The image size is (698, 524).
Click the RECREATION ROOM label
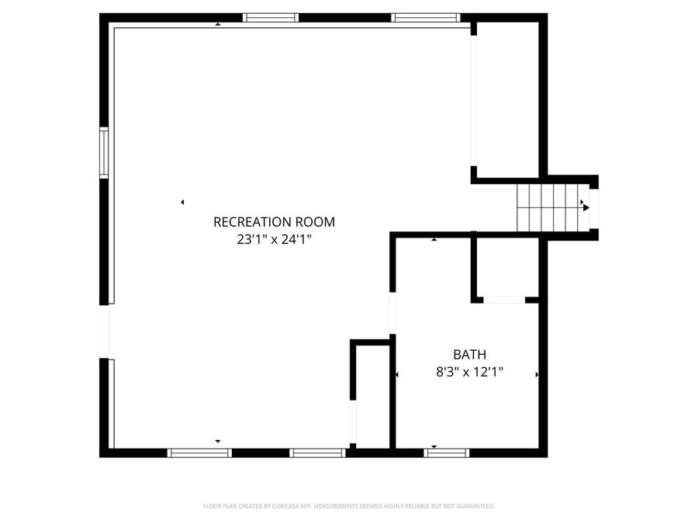pyautogui.click(x=274, y=222)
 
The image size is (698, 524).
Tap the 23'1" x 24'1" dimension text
pyautogui.click(x=274, y=240)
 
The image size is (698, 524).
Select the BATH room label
pyautogui.click(x=470, y=355)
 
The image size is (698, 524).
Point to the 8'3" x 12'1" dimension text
pyautogui.click(x=470, y=372)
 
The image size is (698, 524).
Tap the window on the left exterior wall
pyautogui.click(x=103, y=153)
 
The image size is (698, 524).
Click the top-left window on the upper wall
pyautogui.click(x=270, y=18)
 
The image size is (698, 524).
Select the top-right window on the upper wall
pyautogui.click(x=425, y=18)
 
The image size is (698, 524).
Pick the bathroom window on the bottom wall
pyautogui.click(x=447, y=453)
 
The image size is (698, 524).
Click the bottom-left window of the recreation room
pyautogui.click(x=200, y=453)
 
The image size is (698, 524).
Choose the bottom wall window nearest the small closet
pyautogui.click(x=317, y=453)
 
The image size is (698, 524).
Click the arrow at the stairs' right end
pyautogui.click(x=586, y=207)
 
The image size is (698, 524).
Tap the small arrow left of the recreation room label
pyautogui.click(x=182, y=203)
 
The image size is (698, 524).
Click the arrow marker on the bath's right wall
pyautogui.click(x=537, y=375)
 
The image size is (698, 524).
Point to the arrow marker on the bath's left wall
pyautogui.click(x=396, y=375)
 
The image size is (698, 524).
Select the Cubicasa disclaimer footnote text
pyautogui.click(x=348, y=506)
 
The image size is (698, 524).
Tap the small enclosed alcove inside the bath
pyautogui.click(x=505, y=268)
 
